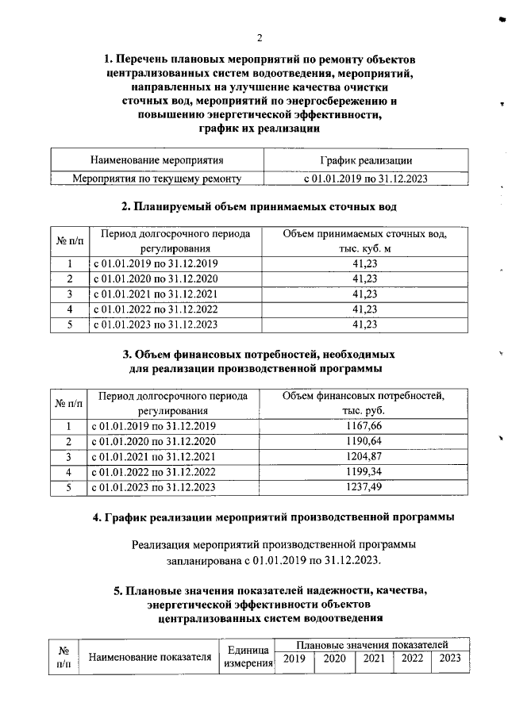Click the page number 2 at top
pyautogui.click(x=259, y=36)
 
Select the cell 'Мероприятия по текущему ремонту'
pyautogui.click(x=157, y=179)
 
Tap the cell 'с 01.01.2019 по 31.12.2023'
pyautogui.click(x=366, y=179)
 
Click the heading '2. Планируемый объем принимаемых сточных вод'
pyautogui.click(x=259, y=207)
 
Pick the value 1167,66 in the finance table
pyautogui.click(x=364, y=426)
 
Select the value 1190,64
pyautogui.click(x=364, y=441)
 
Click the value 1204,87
pyautogui.click(x=364, y=456)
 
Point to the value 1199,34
pyautogui.click(x=364, y=471)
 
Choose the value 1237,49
pyautogui.click(x=364, y=486)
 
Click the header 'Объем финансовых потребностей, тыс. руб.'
pyautogui.click(x=364, y=403)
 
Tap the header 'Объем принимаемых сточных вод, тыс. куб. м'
pyautogui.click(x=364, y=241)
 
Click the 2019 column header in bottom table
pyautogui.click(x=294, y=658)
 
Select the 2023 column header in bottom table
pyautogui.click(x=450, y=658)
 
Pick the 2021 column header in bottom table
pyautogui.click(x=373, y=658)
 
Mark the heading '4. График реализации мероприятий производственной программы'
pyautogui.click(x=274, y=518)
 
